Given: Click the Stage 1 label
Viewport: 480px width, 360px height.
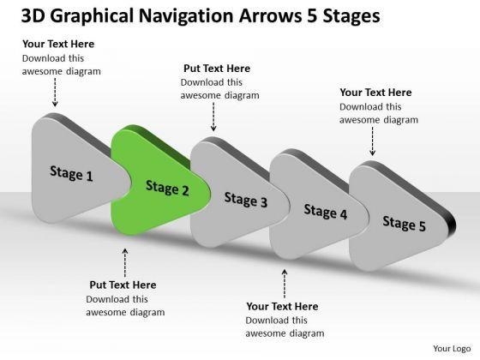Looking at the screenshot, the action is (71, 173).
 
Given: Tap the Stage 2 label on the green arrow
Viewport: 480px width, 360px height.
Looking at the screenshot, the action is (167, 188).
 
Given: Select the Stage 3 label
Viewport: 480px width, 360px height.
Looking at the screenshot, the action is (246, 200).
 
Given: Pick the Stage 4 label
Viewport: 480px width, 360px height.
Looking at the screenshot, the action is (326, 212).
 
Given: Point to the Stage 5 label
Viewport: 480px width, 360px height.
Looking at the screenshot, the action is (404, 224).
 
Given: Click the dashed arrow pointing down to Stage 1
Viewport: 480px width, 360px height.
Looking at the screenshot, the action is (55, 93).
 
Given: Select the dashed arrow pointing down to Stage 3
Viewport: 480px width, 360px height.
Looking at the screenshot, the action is (213, 117).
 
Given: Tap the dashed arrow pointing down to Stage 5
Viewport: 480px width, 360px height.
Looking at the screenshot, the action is (373, 141).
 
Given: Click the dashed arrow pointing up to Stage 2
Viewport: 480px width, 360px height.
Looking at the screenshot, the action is (125, 263).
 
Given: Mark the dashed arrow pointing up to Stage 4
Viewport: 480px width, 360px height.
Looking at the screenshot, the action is (285, 284).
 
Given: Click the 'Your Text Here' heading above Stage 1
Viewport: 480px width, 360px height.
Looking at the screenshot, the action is (58, 44).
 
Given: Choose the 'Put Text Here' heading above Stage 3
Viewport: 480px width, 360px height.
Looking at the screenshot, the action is (217, 69).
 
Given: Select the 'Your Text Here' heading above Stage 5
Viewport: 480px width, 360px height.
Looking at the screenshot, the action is (375, 93).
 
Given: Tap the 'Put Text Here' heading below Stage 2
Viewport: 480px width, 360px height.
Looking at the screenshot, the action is (123, 285).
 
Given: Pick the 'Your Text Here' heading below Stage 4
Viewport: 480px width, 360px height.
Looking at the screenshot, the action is (282, 306).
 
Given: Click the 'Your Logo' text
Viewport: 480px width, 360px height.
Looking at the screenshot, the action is (452, 348).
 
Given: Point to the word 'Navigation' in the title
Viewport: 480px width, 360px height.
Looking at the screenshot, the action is (187, 15).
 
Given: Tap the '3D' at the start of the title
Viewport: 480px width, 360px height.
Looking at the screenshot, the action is (33, 16).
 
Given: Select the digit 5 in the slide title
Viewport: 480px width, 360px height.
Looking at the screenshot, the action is (311, 16).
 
